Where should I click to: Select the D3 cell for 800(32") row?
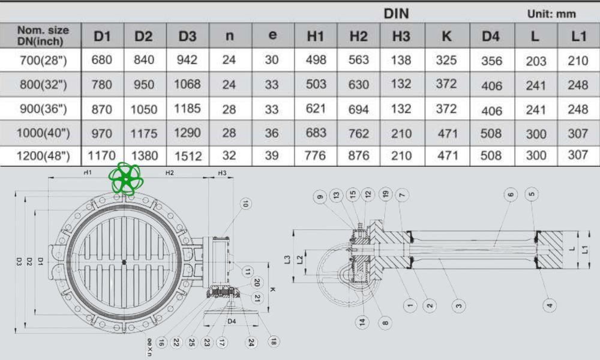click(x=187, y=84)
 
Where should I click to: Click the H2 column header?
click(x=358, y=36)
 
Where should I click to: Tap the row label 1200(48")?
click(x=43, y=156)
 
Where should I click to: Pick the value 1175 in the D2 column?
click(x=143, y=133)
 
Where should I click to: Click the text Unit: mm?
click(x=551, y=13)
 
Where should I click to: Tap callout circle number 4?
click(x=549, y=305)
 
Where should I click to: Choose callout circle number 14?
click(x=362, y=322)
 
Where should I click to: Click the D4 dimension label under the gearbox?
click(x=231, y=322)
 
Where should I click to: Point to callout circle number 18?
click(x=274, y=341)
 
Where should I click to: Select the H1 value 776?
click(x=315, y=156)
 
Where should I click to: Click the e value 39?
click(x=272, y=156)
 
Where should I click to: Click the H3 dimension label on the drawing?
click(x=222, y=173)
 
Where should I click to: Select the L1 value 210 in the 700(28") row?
click(x=578, y=60)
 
